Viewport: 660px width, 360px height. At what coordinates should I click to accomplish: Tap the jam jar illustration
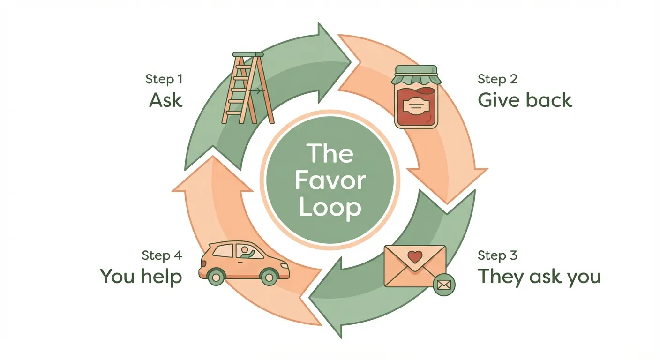[x=416, y=97]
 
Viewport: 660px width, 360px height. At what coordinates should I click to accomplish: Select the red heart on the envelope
[x=414, y=257]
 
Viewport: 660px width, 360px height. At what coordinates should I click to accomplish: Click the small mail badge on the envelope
[x=443, y=285]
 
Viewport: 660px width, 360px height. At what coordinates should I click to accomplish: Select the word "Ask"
[x=165, y=100]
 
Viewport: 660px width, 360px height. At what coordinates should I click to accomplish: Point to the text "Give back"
[x=525, y=100]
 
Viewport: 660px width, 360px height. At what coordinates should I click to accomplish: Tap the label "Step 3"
[x=497, y=255]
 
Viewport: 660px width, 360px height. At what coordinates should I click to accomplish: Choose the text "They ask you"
[x=539, y=277]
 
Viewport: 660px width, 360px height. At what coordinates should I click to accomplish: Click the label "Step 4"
[x=162, y=255]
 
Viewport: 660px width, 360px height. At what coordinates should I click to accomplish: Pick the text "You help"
[x=141, y=277]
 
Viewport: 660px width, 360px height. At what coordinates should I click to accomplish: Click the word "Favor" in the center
[x=330, y=180]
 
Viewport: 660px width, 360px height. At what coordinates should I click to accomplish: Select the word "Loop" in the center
[x=330, y=208]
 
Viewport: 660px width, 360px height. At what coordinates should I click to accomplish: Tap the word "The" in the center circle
[x=330, y=153]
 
